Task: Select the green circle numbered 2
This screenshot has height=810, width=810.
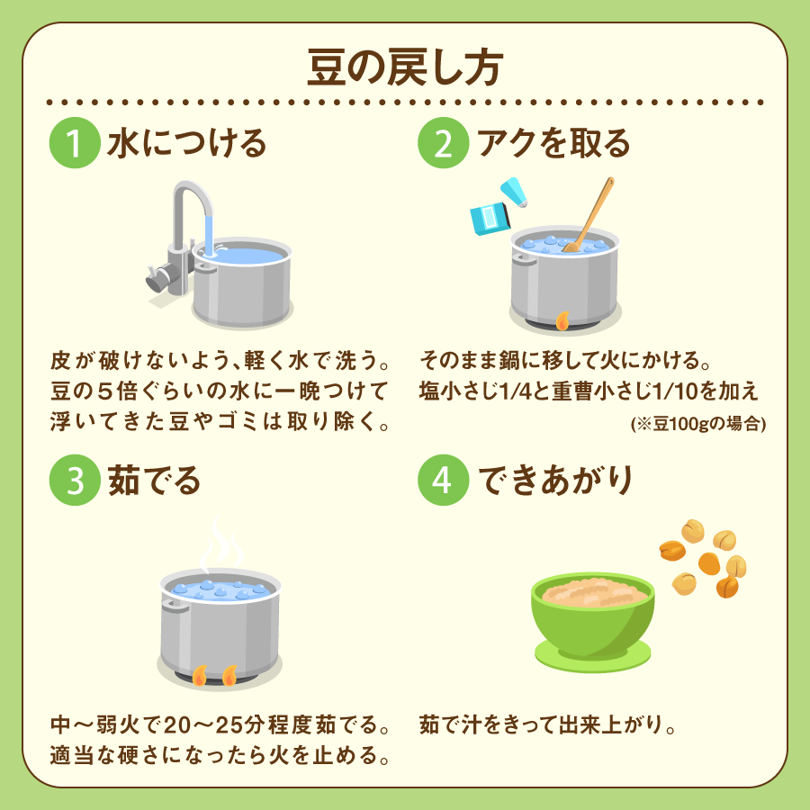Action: point(444,144)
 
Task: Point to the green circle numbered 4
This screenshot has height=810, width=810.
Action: point(444,481)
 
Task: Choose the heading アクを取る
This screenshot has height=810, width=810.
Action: point(553,144)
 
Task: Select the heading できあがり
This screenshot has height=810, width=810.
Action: point(554,481)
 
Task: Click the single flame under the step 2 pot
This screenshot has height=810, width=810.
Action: point(563,320)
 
